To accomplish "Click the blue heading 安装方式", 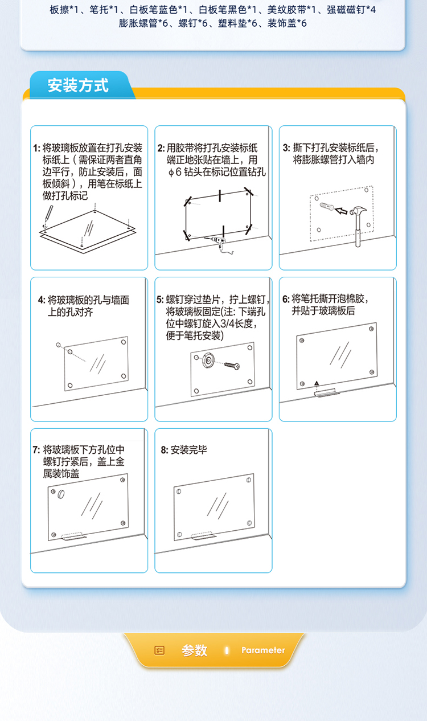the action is tap(78, 85).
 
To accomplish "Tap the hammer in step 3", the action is tap(358, 226).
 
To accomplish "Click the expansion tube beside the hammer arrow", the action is tap(327, 206).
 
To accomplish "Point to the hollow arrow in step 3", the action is tap(341, 211).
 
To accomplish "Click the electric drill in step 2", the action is tap(219, 244).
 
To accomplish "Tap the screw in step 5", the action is tap(232, 366).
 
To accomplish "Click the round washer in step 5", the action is tap(208, 360).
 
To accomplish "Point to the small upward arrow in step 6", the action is tap(317, 383).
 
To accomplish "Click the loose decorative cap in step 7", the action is tap(61, 494).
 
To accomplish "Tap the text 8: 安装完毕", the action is tap(184, 450).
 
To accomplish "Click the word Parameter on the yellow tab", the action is tap(263, 650).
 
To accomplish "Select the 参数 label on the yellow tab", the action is tap(194, 650).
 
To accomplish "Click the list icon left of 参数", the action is tap(159, 650).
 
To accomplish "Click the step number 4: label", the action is tap(42, 300).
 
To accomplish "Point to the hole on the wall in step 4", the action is tap(58, 345).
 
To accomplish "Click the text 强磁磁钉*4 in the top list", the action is tap(351, 10).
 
